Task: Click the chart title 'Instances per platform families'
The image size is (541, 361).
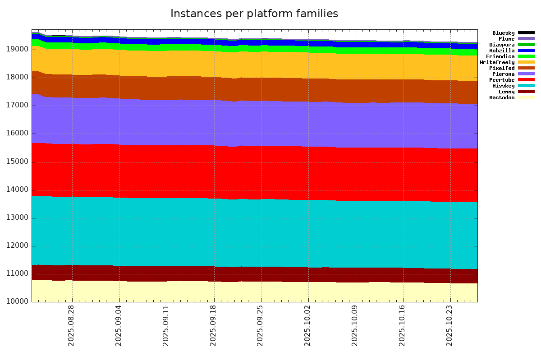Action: coord(254,14)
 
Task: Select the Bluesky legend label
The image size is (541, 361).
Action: coord(503,33)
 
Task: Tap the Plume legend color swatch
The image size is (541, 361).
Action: coord(526,39)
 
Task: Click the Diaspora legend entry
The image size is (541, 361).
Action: coord(502,45)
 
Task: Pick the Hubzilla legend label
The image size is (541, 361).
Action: coord(502,51)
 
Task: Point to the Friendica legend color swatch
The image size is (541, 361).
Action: coord(526,56)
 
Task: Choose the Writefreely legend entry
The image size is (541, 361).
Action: coord(497,62)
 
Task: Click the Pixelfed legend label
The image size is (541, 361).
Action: coord(502,68)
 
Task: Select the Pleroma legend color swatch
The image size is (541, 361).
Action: coord(526,74)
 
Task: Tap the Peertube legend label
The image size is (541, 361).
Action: coord(502,80)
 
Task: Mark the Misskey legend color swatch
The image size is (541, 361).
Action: coord(526,86)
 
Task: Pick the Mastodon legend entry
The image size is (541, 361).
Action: coord(502,97)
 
